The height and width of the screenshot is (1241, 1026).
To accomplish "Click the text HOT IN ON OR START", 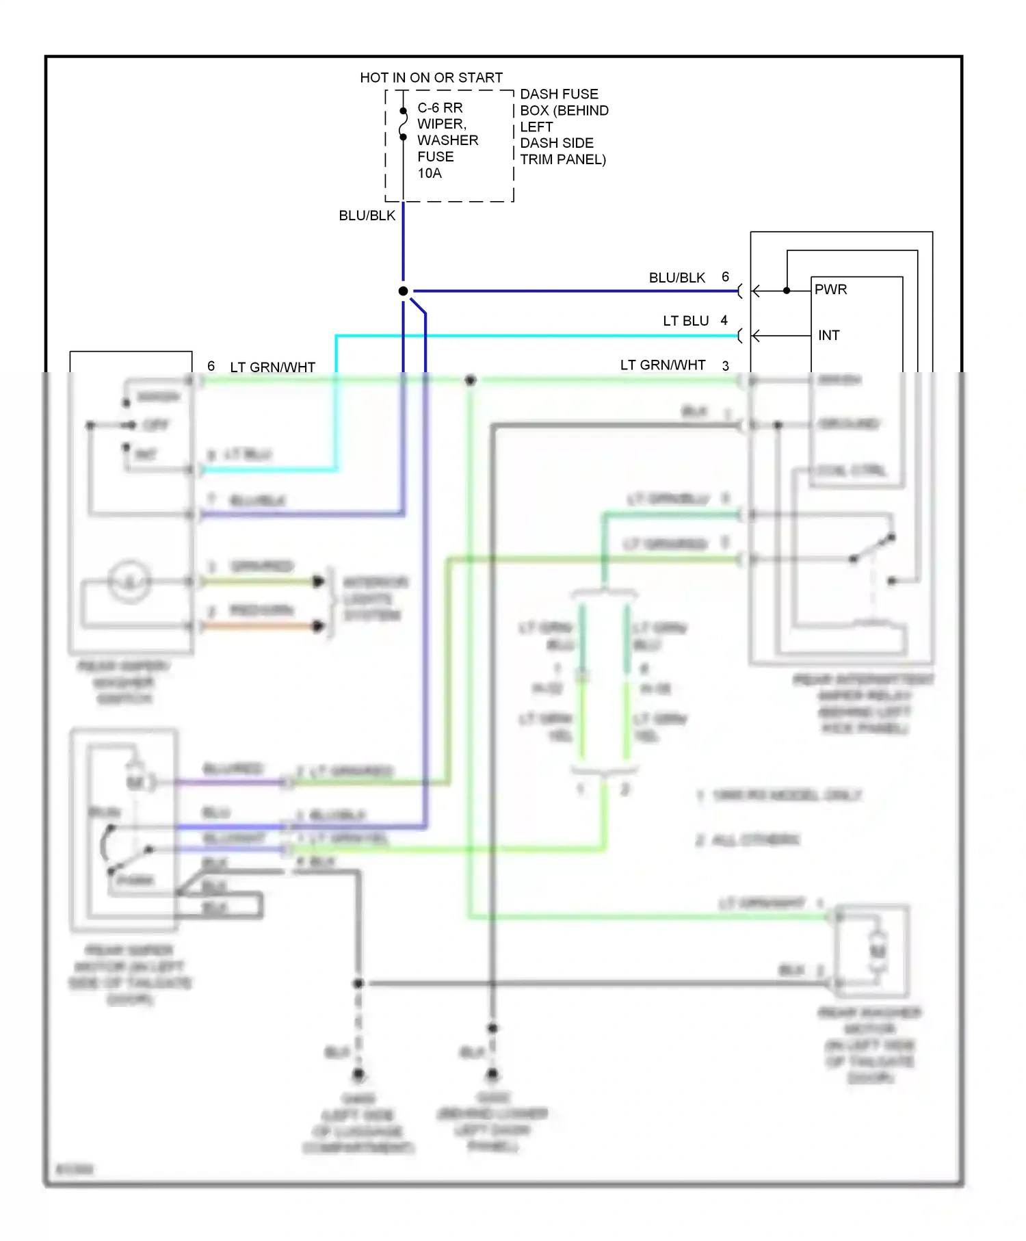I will click(x=431, y=77).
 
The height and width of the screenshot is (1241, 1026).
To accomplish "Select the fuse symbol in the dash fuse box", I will click(x=403, y=124).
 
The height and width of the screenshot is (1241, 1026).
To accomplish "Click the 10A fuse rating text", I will click(x=430, y=173).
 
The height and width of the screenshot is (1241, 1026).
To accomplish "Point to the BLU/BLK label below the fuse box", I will click(x=367, y=215).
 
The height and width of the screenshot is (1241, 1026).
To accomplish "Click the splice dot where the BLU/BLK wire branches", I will click(x=403, y=291).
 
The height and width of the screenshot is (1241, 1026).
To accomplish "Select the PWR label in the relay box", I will click(x=830, y=289).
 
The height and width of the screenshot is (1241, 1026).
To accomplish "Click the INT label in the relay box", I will click(x=828, y=335).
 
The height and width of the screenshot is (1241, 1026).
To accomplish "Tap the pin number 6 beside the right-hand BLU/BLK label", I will click(x=725, y=276).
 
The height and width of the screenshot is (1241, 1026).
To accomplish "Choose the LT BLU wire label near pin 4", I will click(x=685, y=321).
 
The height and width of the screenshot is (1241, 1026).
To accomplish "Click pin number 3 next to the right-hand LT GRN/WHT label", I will click(x=725, y=366).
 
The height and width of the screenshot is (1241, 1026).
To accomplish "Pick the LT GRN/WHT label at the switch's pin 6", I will click(x=272, y=367).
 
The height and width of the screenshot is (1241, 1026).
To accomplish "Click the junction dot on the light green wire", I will click(x=470, y=380).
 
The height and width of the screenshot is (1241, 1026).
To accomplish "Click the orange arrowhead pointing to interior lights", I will click(x=318, y=626).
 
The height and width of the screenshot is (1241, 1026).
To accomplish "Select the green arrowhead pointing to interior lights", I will click(x=318, y=582).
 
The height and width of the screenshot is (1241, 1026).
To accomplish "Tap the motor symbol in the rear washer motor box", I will click(x=878, y=951).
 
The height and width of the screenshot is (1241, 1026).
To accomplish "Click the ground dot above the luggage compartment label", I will click(x=358, y=1074).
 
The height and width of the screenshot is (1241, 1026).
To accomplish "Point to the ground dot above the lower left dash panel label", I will click(x=492, y=1074).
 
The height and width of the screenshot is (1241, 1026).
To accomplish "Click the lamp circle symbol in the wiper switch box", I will click(x=129, y=582).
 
